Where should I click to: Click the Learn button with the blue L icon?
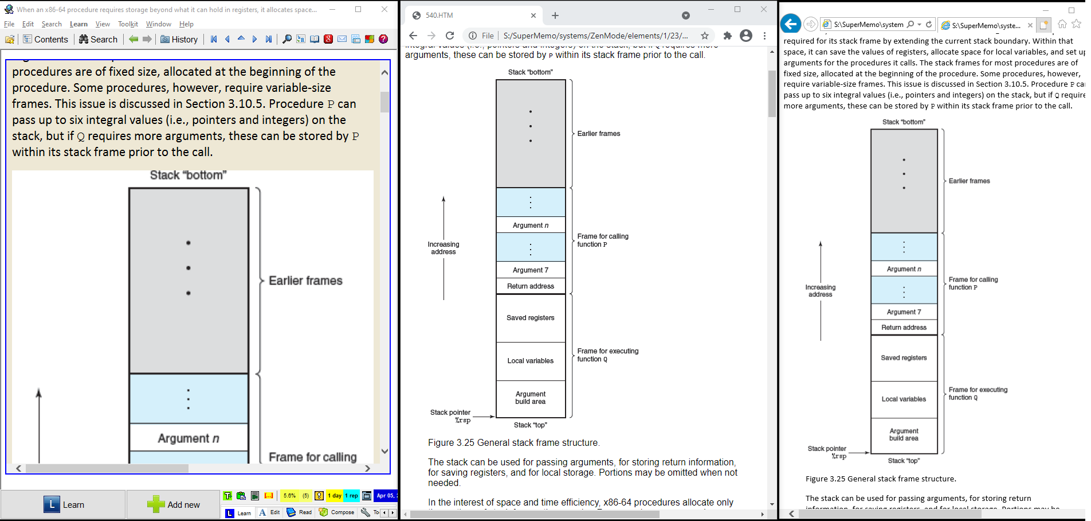tap(64, 504)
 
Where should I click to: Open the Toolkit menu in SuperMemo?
tap(128, 24)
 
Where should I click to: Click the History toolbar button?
tap(179, 39)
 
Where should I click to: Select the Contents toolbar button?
tap(45, 39)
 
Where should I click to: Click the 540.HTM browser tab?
tap(470, 15)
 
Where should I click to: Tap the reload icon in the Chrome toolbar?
tap(450, 36)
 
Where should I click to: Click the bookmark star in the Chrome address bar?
tap(705, 36)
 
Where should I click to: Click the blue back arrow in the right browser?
tap(791, 24)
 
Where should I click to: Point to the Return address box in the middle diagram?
tap(531, 286)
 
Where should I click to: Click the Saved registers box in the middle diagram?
tap(531, 318)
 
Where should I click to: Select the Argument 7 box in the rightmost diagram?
tap(904, 312)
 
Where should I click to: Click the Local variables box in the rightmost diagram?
tap(904, 399)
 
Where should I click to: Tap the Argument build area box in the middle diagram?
tap(531, 398)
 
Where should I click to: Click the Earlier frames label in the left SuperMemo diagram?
tap(305, 281)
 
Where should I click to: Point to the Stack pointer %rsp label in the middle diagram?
tap(451, 416)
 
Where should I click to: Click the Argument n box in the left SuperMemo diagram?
tap(189, 438)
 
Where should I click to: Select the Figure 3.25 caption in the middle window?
tap(513, 443)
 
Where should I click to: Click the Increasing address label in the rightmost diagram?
tap(820, 291)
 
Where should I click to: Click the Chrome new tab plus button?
tap(555, 15)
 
